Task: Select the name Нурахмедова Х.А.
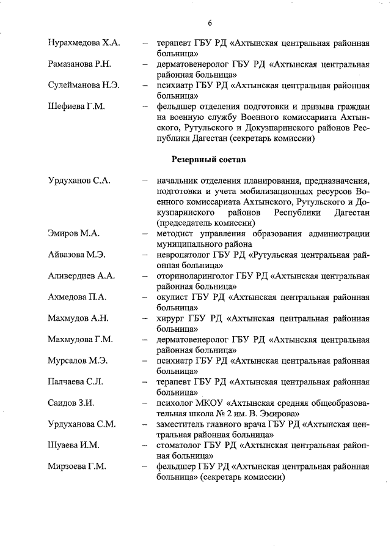coord(84,43)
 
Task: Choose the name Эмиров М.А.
coord(73,233)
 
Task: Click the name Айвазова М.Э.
coord(76,255)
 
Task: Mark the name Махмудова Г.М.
coord(80,339)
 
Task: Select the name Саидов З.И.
coord(71,403)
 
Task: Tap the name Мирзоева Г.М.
coord(77,466)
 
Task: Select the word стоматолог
coord(179,445)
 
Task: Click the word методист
coord(175,233)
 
